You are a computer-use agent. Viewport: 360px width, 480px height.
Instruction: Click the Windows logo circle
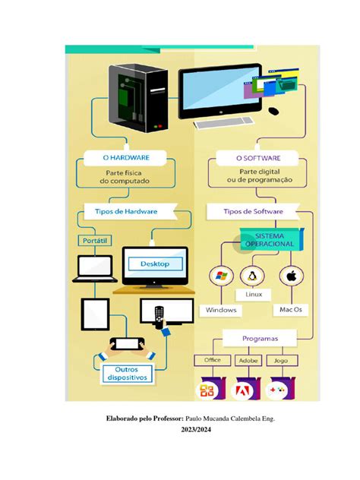click(x=222, y=277)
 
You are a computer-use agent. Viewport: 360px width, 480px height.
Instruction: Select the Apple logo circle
click(x=291, y=276)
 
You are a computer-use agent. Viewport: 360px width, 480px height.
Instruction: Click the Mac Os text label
click(x=291, y=310)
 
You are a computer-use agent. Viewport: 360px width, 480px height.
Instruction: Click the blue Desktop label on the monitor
click(x=160, y=264)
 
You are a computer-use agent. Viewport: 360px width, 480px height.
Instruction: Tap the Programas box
click(x=259, y=338)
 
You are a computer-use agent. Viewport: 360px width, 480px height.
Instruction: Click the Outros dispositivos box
click(x=128, y=372)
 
